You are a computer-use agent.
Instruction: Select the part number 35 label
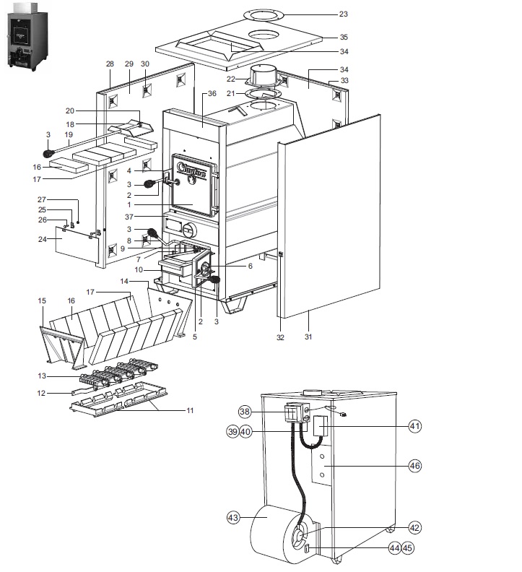tap(344, 36)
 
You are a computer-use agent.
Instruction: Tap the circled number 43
tap(233, 518)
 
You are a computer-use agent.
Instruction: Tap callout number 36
tap(212, 93)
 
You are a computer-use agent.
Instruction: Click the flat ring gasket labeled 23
tap(264, 14)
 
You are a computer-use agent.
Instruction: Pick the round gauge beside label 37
tap(188, 231)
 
